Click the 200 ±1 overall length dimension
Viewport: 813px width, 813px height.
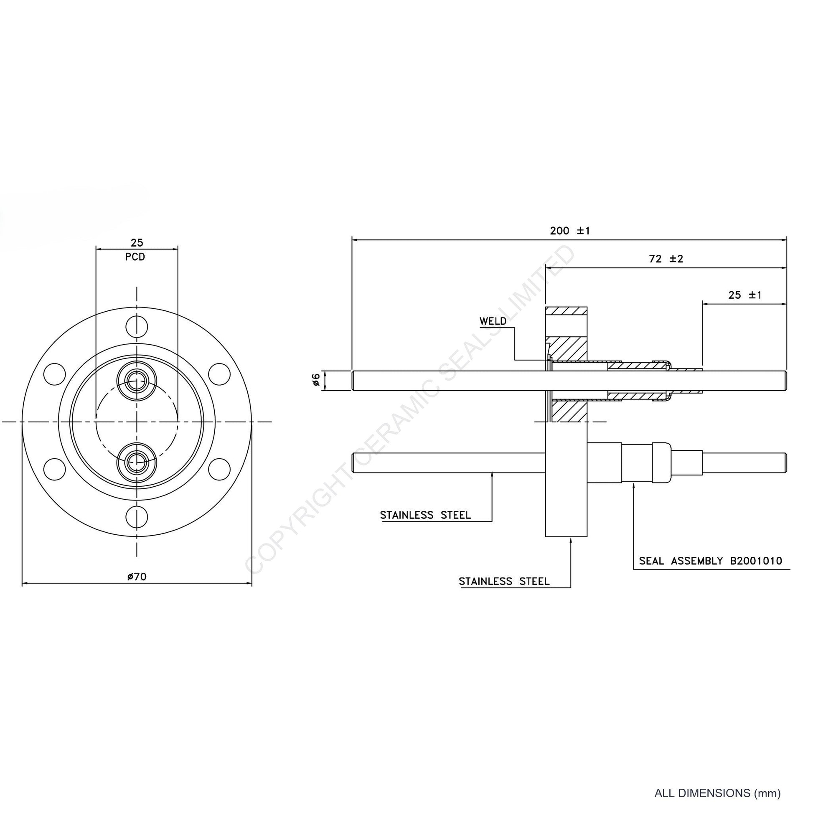(570, 231)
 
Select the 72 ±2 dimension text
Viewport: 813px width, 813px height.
(666, 259)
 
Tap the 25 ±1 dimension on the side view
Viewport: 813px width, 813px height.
(745, 295)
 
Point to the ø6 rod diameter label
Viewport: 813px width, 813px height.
(316, 380)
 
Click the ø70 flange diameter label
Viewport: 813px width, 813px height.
(137, 577)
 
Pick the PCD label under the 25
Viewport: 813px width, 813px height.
(135, 257)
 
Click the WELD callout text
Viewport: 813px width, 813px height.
(493, 321)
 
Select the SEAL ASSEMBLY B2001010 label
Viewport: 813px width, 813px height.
(710, 561)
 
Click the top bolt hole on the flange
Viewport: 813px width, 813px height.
(137, 327)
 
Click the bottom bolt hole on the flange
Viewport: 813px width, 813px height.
(137, 516)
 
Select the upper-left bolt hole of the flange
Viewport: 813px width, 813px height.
(55, 373)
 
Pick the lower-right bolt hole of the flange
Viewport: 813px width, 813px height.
(219, 469)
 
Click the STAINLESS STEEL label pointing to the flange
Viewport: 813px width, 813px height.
(504, 582)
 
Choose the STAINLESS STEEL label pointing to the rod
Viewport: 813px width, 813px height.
(425, 515)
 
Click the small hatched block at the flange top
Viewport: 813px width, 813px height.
(566, 311)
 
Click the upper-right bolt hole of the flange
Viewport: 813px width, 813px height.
(219, 373)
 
